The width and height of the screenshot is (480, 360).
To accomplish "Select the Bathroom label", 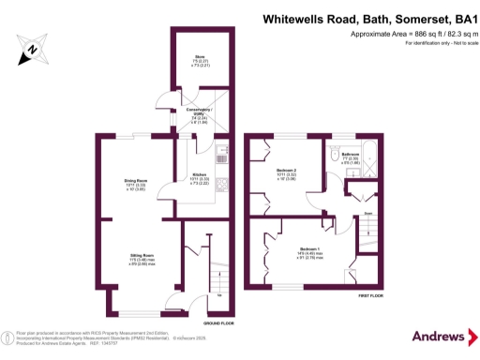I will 350,154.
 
